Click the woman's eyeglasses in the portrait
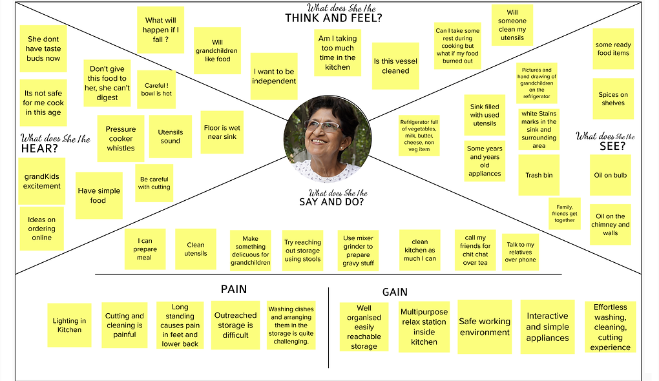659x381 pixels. (321, 126)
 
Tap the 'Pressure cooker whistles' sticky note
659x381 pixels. (121, 138)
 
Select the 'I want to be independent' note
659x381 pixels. (274, 76)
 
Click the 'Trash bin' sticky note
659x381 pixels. (538, 175)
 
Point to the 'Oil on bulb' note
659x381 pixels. (610, 175)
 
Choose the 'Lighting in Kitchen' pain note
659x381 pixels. (69, 325)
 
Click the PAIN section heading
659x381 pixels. (233, 289)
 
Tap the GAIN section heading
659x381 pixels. (395, 292)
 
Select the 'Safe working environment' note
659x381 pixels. (484, 327)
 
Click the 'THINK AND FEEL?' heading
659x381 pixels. (333, 18)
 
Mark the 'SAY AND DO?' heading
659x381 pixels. (331, 202)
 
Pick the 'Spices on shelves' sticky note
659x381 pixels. (612, 99)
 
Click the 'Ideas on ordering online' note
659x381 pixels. (41, 228)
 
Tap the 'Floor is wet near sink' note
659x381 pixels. (222, 132)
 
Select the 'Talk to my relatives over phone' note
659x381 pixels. (520, 252)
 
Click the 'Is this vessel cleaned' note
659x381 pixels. (395, 66)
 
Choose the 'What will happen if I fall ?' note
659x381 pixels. (161, 30)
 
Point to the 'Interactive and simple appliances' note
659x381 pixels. (547, 327)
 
